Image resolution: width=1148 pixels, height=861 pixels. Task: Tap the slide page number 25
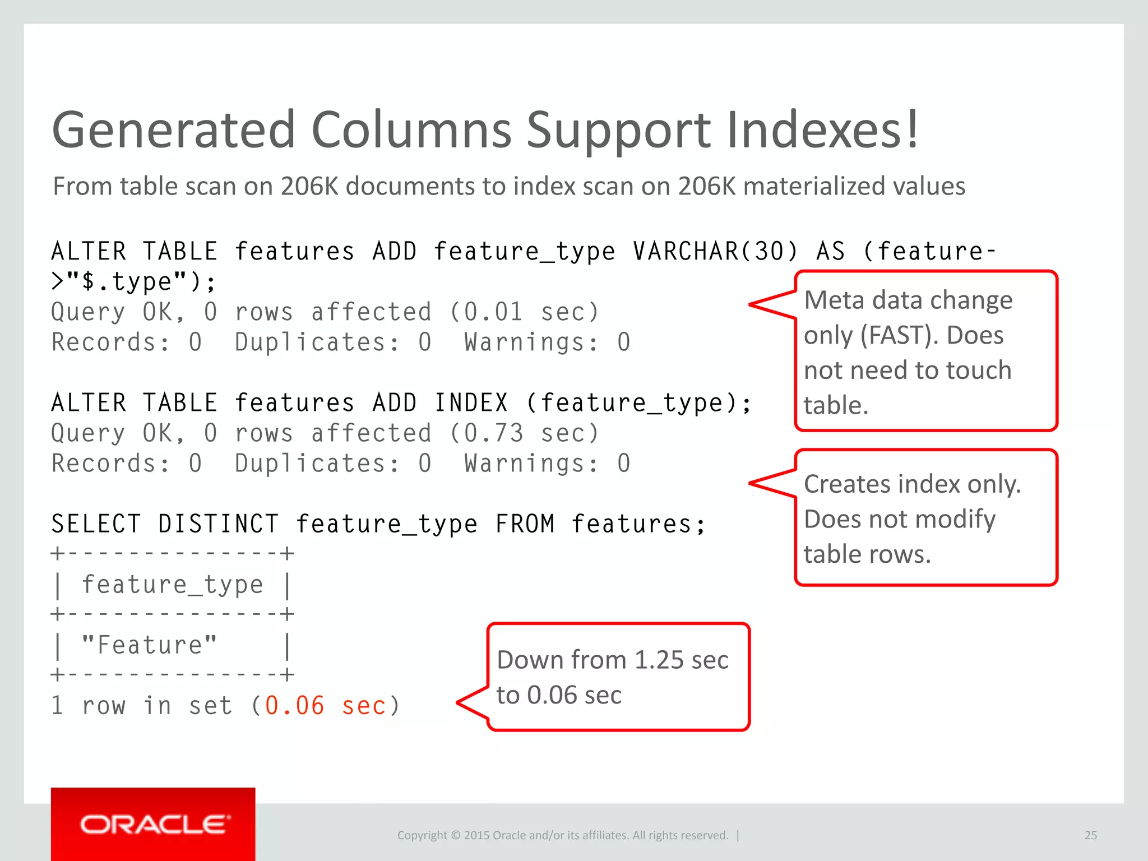coord(1090,835)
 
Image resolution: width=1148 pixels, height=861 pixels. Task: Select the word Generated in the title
coord(173,130)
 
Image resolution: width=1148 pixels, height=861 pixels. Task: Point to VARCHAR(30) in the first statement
coord(715,251)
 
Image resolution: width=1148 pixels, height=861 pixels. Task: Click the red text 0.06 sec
coord(325,706)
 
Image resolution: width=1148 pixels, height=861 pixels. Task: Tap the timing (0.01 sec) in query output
coord(524,312)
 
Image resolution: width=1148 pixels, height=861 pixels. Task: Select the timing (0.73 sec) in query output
coord(524,433)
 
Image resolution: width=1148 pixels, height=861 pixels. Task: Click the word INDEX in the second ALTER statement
coord(471,403)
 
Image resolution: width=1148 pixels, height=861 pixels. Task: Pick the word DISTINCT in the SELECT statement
coord(218,524)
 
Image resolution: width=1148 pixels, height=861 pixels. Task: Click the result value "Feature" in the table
coord(149,645)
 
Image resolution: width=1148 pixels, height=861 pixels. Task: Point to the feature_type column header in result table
coord(173,585)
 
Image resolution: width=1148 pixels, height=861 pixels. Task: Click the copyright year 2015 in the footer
coord(476,835)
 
